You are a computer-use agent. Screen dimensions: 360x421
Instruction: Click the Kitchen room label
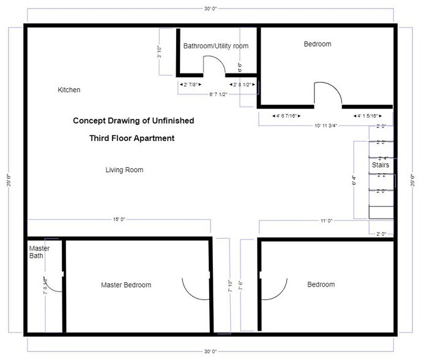tap(69, 90)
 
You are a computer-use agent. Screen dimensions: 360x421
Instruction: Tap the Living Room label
tap(124, 170)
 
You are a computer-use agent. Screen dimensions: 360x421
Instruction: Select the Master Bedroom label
tap(126, 285)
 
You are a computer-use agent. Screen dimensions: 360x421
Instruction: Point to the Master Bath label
tap(39, 252)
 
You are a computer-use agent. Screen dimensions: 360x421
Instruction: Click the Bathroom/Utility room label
tap(216, 46)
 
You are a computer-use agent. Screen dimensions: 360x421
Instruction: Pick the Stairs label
tap(381, 165)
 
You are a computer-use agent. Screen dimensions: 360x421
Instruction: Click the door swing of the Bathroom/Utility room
tap(212, 65)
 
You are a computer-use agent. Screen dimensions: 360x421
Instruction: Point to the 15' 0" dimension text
tap(119, 220)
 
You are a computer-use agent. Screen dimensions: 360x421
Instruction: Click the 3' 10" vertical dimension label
tap(159, 53)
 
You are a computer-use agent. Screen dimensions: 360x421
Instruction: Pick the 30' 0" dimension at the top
tap(210, 9)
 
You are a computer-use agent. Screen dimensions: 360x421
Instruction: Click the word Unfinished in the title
tap(171, 121)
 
